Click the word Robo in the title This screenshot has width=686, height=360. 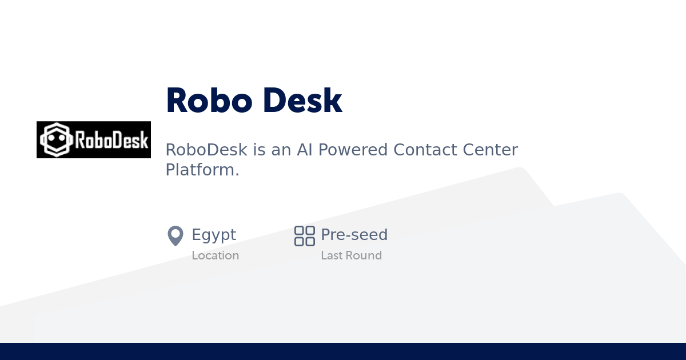click(x=209, y=101)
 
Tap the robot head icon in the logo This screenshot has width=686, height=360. click(x=57, y=140)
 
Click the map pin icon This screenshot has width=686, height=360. click(x=175, y=235)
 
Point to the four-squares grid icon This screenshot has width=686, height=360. click(x=305, y=235)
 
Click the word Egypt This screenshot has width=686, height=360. click(x=214, y=235)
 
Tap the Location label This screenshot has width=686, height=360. click(x=216, y=255)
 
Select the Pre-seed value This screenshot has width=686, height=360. click(x=354, y=235)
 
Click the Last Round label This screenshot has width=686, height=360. click(x=351, y=255)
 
